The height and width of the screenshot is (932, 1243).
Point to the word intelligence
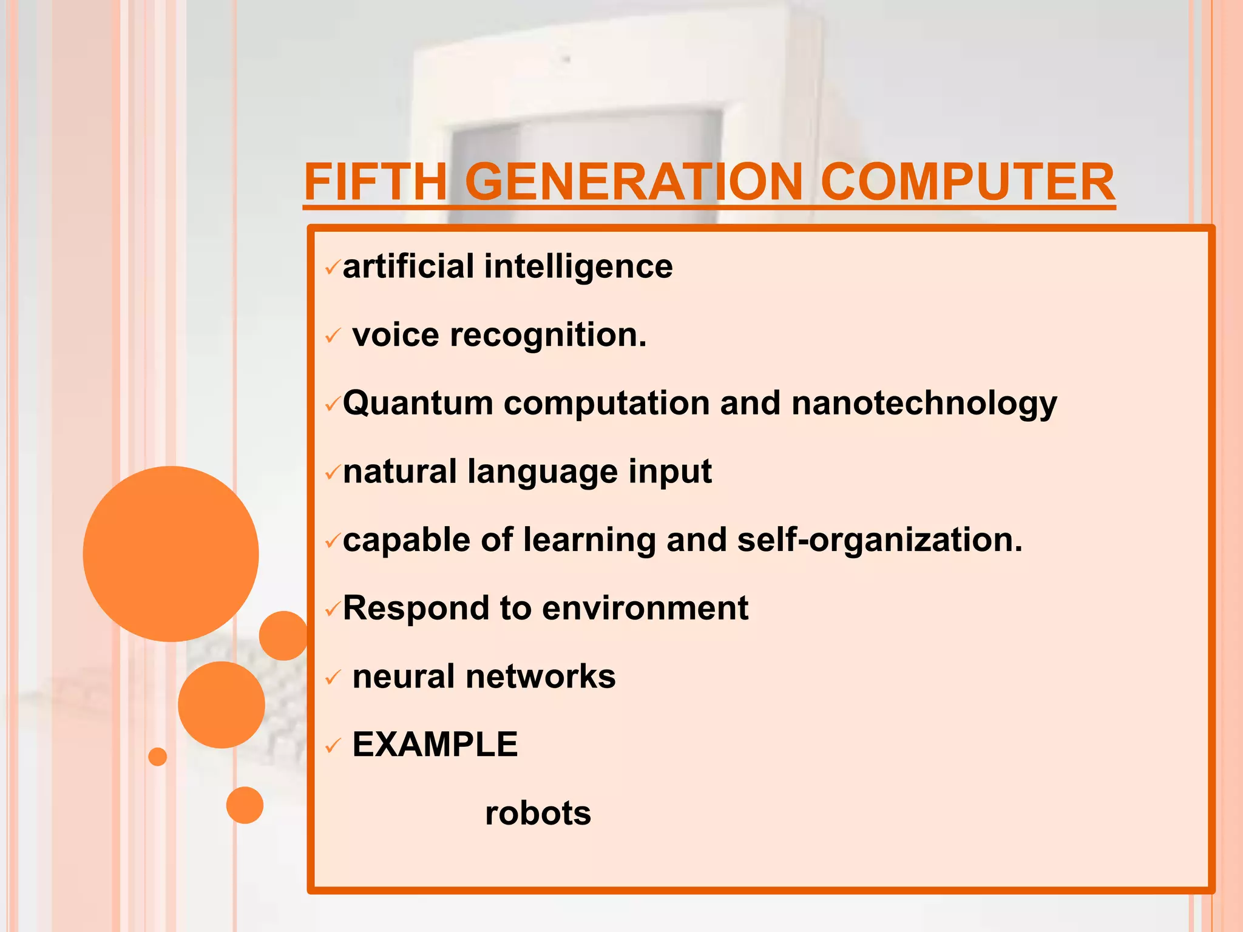578,268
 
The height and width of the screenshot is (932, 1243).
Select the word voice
396,335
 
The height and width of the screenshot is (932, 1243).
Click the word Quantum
418,404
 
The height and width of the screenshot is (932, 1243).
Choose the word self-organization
879,540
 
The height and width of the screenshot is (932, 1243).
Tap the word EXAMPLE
435,745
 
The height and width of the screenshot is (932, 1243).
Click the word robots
538,813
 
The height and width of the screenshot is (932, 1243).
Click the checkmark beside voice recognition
333,336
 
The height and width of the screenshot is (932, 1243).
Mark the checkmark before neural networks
333,678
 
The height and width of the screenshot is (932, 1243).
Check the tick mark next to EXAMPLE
333,746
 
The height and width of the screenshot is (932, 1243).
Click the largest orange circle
171,553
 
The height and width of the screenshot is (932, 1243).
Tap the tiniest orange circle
157,757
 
